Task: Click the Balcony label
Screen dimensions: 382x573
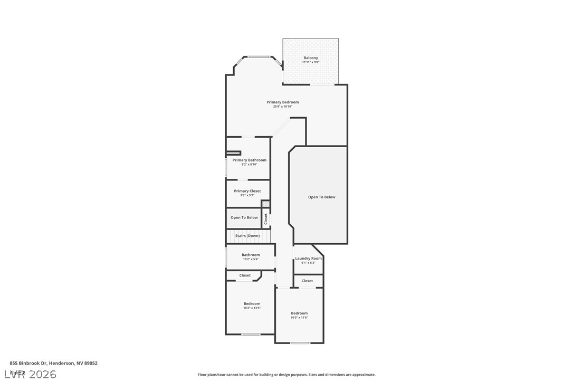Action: pyautogui.click(x=311, y=58)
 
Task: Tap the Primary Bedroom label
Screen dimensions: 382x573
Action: pyautogui.click(x=283, y=102)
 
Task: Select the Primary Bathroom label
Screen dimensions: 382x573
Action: pyautogui.click(x=250, y=160)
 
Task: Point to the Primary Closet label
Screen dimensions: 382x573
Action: pyautogui.click(x=247, y=191)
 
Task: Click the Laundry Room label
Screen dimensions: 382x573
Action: pyautogui.click(x=308, y=259)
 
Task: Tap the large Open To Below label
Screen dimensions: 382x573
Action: pyautogui.click(x=322, y=197)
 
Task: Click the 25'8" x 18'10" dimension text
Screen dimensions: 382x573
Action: pyautogui.click(x=283, y=107)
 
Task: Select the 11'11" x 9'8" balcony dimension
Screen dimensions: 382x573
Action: pyautogui.click(x=311, y=62)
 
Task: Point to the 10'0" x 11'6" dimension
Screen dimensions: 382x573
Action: pyautogui.click(x=299, y=318)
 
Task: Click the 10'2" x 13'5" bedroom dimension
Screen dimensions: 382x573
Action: pyautogui.click(x=252, y=308)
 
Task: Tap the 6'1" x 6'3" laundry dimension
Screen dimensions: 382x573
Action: pyautogui.click(x=308, y=263)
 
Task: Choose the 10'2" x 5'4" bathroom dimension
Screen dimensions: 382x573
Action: pyautogui.click(x=251, y=259)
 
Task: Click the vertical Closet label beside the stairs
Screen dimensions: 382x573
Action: pyautogui.click(x=266, y=219)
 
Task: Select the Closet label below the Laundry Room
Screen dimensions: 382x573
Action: pyautogui.click(x=307, y=281)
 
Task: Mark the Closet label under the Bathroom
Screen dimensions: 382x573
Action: pyautogui.click(x=245, y=275)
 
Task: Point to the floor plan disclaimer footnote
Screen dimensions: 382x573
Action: pyautogui.click(x=286, y=375)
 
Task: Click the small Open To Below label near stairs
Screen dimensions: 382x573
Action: pyautogui.click(x=244, y=217)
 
